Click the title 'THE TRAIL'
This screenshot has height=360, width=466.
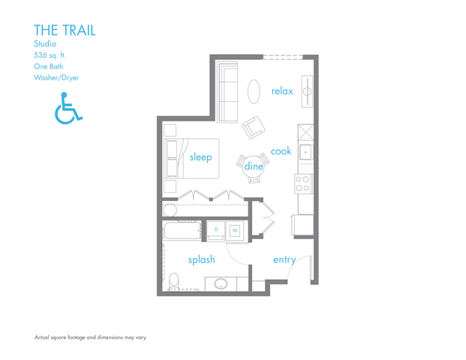[65, 30]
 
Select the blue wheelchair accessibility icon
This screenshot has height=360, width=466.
[68, 108]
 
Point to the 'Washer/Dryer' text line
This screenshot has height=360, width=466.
[56, 77]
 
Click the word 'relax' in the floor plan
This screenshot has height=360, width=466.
[282, 91]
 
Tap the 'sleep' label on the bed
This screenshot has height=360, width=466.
[200, 157]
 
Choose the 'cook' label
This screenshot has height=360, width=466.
[281, 151]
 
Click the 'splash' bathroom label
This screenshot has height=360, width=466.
[201, 259]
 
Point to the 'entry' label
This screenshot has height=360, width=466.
[284, 259]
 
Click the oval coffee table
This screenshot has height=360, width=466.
[255, 91]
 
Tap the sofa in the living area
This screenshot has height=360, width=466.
[227, 91]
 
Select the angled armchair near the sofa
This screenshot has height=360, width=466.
[254, 127]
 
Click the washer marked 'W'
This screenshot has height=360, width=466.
[235, 230]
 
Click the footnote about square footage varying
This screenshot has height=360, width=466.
[91, 337]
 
